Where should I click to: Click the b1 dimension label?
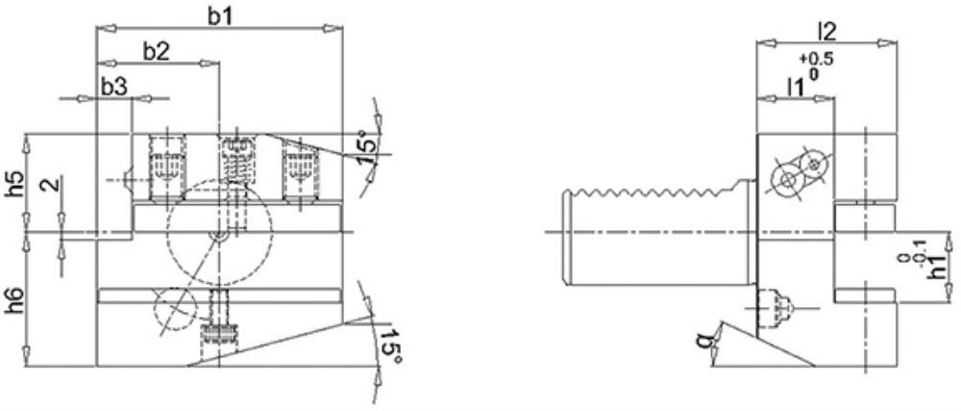click(x=219, y=16)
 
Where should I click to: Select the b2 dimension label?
click(x=156, y=52)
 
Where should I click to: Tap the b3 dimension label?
click(x=114, y=88)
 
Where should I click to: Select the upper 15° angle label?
click(x=366, y=149)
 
